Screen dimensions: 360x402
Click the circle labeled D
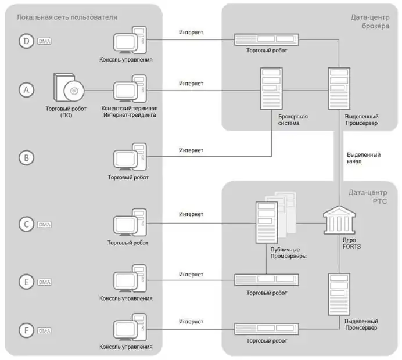(x=26, y=42)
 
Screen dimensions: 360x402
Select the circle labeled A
(x=26, y=90)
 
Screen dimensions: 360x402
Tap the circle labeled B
(x=26, y=157)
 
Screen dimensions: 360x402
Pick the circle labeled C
(x=26, y=224)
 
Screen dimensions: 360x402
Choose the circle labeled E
(x=26, y=282)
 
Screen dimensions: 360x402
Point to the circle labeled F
(x=26, y=330)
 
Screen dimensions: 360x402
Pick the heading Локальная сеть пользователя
(x=67, y=17)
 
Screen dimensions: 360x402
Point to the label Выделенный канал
(x=363, y=158)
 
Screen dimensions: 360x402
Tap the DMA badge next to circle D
(x=45, y=42)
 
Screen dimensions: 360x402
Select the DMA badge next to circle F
(x=45, y=330)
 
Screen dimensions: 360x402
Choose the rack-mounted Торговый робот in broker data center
(x=266, y=39)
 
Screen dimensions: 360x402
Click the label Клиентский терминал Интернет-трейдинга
(x=129, y=111)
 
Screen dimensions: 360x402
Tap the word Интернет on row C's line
(x=191, y=214)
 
